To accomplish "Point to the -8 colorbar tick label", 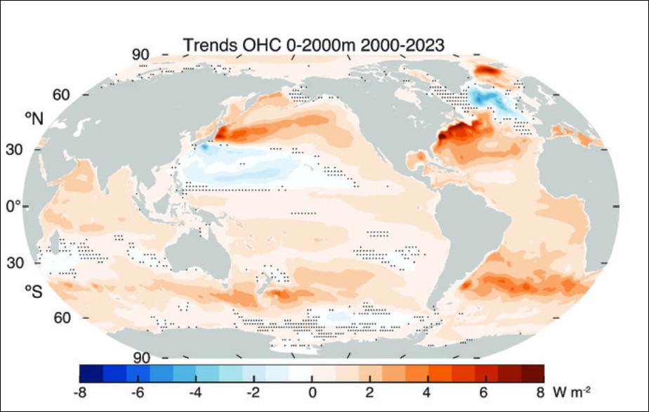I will (x=81, y=391).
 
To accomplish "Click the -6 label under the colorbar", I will (x=139, y=391).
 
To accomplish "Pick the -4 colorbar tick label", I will (x=197, y=391).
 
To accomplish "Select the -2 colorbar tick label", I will (x=254, y=391).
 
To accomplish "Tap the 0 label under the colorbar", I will (x=313, y=391).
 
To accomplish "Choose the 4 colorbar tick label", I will (x=428, y=391).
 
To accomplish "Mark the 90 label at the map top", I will (x=141, y=56).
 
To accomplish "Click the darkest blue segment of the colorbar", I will (x=91, y=373).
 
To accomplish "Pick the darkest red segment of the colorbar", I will (x=532, y=373).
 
